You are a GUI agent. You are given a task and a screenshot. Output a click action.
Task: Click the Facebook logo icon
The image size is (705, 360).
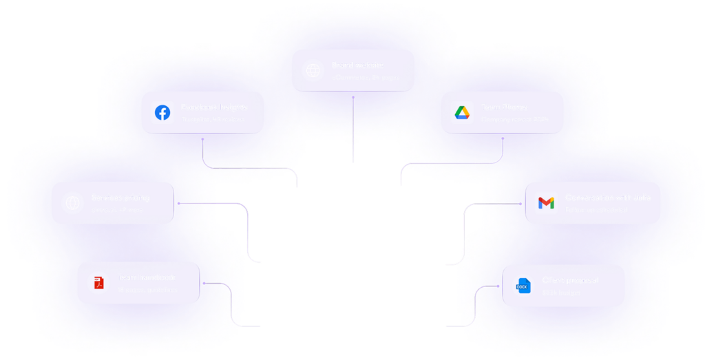click(162, 112)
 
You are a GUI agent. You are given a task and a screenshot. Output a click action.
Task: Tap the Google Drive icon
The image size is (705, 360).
click(461, 112)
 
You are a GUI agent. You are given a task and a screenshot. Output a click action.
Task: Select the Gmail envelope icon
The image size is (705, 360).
click(546, 203)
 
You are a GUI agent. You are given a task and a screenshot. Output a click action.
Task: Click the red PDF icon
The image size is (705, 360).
click(98, 283)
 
